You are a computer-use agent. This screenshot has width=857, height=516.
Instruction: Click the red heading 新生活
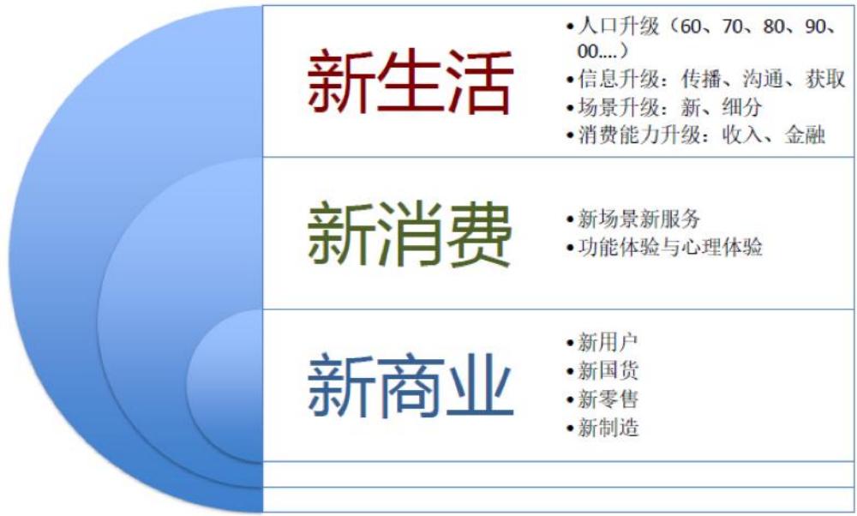point(411,82)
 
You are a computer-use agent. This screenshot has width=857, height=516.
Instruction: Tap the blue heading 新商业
point(411,386)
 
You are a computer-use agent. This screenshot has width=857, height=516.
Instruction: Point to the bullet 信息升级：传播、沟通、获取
point(706,80)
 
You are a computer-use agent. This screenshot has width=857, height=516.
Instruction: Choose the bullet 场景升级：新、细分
point(664,107)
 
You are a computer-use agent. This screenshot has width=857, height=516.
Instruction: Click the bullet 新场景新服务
point(633,219)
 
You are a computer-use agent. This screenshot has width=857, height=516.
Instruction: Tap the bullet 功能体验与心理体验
point(665,247)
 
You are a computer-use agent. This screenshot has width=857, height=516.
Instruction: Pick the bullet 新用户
point(602,343)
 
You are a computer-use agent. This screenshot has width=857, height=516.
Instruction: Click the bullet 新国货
point(602,370)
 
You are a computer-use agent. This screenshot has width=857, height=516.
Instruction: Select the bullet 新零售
point(602,399)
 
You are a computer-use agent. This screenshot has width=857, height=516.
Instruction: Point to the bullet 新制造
point(602,428)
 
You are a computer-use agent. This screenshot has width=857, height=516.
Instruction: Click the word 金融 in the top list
point(805,135)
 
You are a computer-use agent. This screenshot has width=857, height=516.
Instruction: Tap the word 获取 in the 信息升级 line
point(825,80)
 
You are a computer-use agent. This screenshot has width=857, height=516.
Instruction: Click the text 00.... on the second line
point(596,52)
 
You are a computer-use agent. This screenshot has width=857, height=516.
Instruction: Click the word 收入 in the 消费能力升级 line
point(742,135)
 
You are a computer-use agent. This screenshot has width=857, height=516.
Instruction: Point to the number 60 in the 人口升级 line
point(691,27)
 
